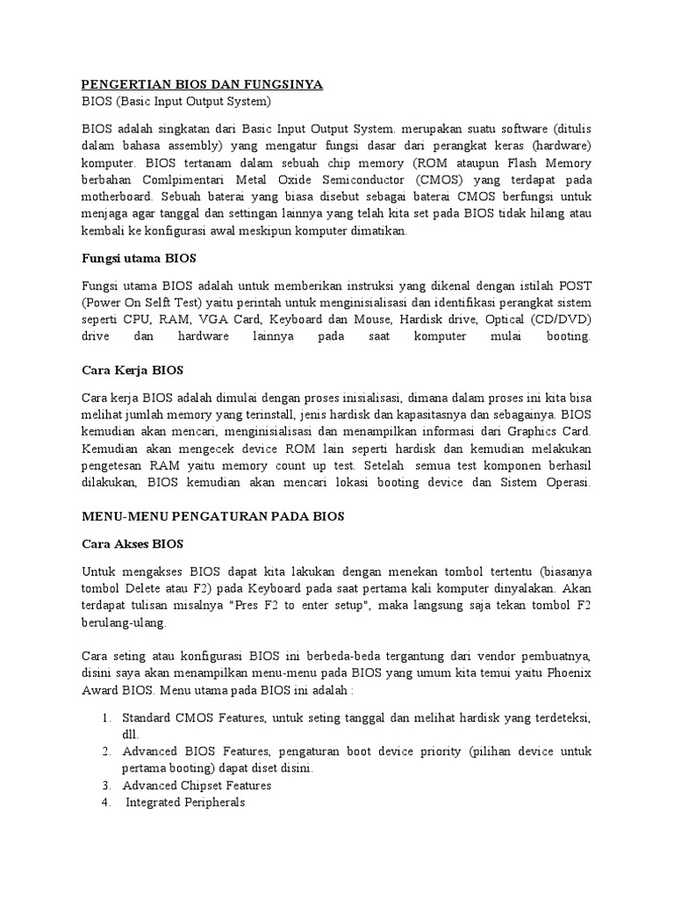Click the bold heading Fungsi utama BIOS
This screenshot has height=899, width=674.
pos(139,259)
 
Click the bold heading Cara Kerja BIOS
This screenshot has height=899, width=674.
pos(131,370)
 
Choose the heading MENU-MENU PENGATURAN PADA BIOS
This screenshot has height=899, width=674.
pos(213,517)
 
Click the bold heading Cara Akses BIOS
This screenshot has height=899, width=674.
pos(133,543)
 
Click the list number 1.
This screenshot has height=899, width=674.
pos(104,717)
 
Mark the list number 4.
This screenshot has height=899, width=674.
pos(105,802)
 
